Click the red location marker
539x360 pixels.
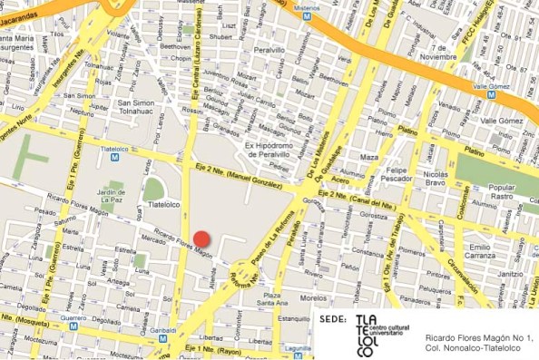tap(201, 239)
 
